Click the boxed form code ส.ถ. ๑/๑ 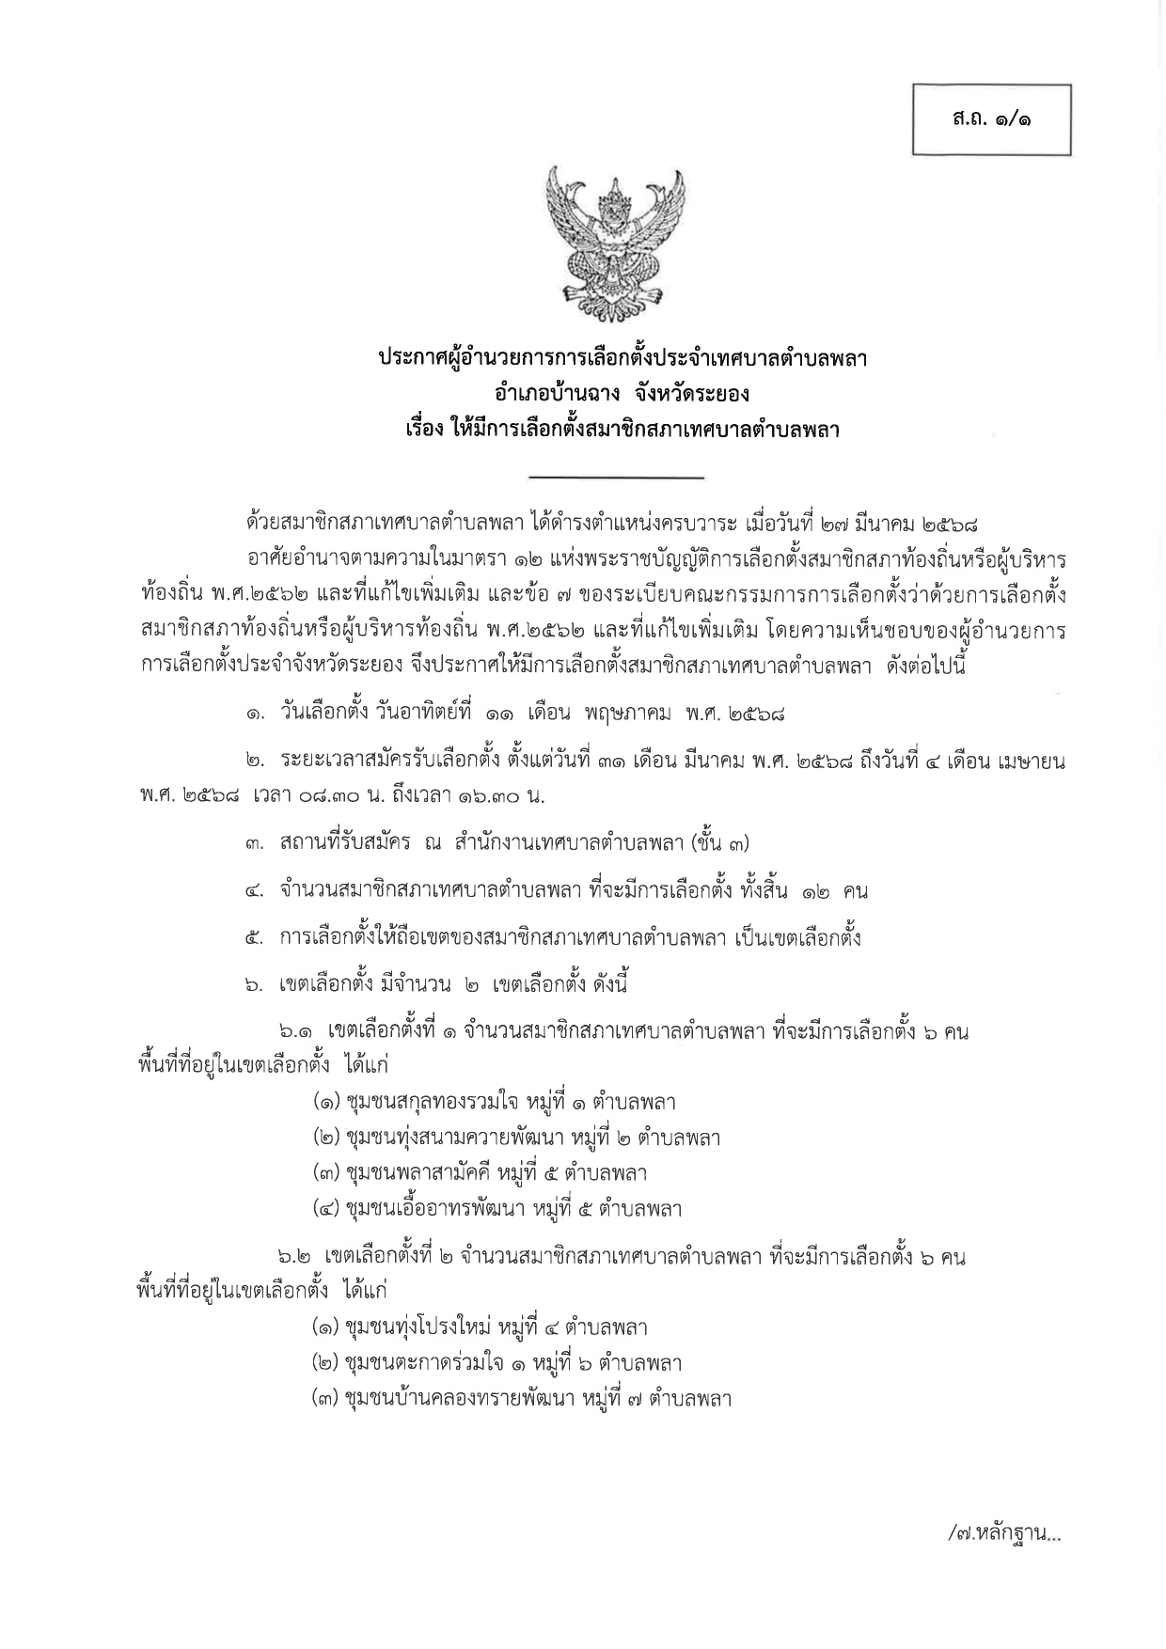991,120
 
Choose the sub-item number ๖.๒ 294,1257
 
